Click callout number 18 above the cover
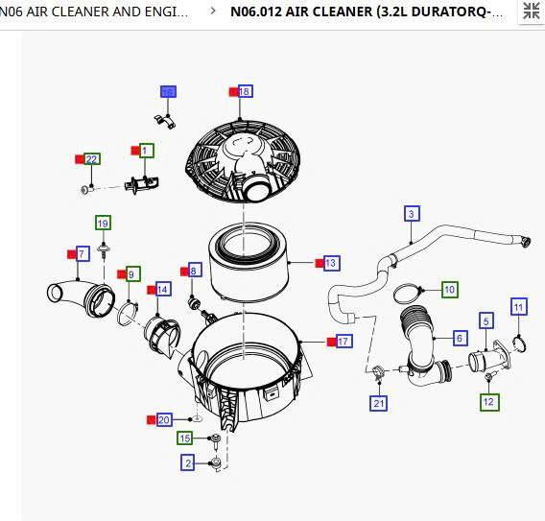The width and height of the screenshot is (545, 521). [245, 91]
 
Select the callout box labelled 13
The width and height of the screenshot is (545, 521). [331, 262]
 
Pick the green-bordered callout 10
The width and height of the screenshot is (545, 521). [449, 289]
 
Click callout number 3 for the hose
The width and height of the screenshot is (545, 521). [411, 214]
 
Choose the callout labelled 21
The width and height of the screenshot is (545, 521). [379, 403]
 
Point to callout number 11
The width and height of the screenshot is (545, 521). [519, 307]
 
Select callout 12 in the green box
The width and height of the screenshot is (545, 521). [488, 402]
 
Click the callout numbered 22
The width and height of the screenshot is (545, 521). [91, 158]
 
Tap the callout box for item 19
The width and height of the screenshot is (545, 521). [103, 223]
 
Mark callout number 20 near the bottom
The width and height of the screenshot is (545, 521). [164, 420]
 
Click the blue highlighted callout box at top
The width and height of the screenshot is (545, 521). [168, 92]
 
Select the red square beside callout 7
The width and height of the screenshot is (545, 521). [71, 253]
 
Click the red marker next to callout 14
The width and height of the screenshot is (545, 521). [151, 289]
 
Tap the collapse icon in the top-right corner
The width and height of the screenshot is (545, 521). [530, 12]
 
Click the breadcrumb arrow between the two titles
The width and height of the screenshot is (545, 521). [212, 13]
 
